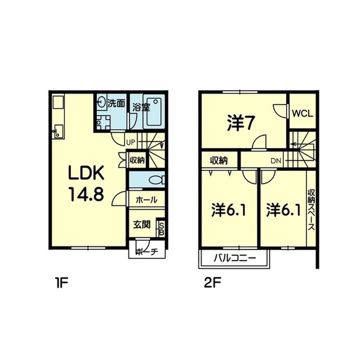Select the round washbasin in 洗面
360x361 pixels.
point(101,102)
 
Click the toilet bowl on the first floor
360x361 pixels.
point(157,180)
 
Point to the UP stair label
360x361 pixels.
point(131,143)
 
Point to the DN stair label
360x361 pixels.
point(276,161)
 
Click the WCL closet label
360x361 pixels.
point(303,113)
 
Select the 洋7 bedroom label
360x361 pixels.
point(240,123)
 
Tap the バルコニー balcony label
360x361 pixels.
point(234,258)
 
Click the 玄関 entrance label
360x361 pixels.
point(142,224)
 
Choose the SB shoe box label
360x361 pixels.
point(161,229)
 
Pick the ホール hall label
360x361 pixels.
point(146,200)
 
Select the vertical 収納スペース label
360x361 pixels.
point(311,209)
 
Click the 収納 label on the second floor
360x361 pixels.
point(219,160)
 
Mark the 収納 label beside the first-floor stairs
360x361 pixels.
point(137,160)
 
